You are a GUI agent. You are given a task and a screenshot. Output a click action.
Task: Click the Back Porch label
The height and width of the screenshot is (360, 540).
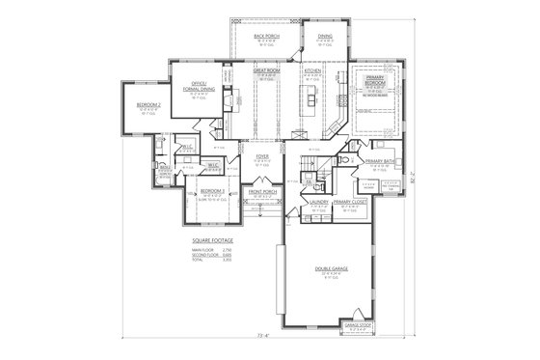pos(266,35)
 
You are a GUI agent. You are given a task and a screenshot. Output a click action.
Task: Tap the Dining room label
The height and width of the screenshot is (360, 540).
pos(325,35)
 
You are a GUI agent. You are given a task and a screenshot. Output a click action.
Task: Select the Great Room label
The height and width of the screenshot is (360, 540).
pos(266,70)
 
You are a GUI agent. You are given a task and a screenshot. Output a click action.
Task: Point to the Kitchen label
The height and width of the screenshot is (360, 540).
pos(312,70)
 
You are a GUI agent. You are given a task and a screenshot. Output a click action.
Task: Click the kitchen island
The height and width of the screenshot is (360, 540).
pos(312,97)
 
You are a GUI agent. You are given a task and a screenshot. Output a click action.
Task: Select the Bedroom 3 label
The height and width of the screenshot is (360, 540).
pos(213,192)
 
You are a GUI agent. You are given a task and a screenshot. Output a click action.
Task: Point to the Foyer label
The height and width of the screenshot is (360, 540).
pos(261,154)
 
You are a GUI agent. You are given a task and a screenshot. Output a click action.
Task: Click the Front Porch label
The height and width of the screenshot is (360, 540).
pos(262,192)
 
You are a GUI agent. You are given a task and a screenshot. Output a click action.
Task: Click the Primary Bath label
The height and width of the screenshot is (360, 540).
pos(378,161)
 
